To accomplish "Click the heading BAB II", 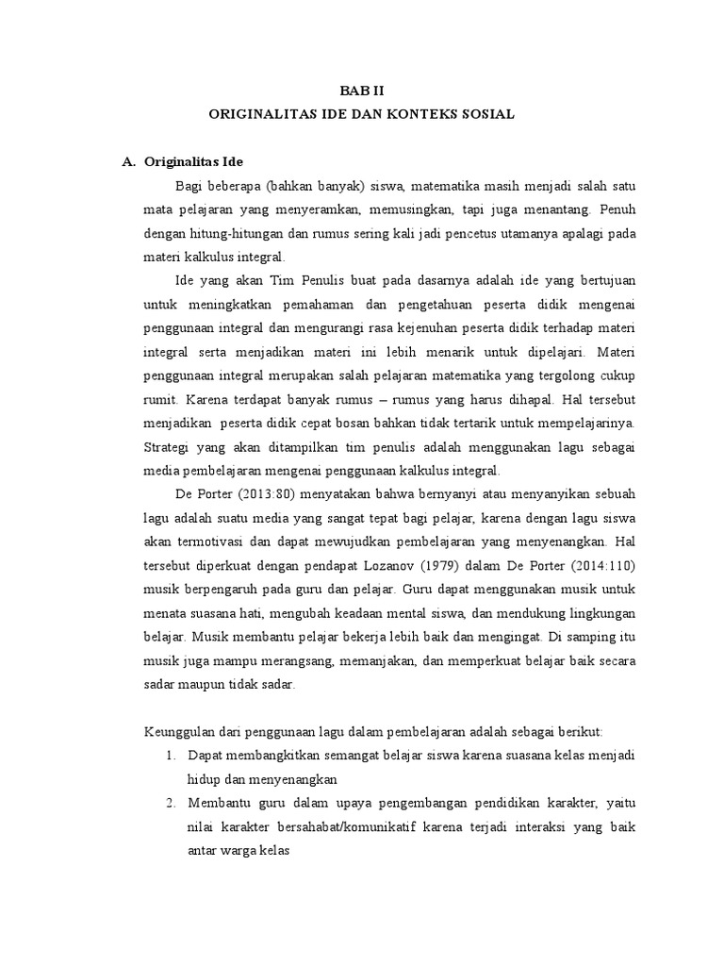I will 362,91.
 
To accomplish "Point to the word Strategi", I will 166,446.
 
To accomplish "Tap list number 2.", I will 172,804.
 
